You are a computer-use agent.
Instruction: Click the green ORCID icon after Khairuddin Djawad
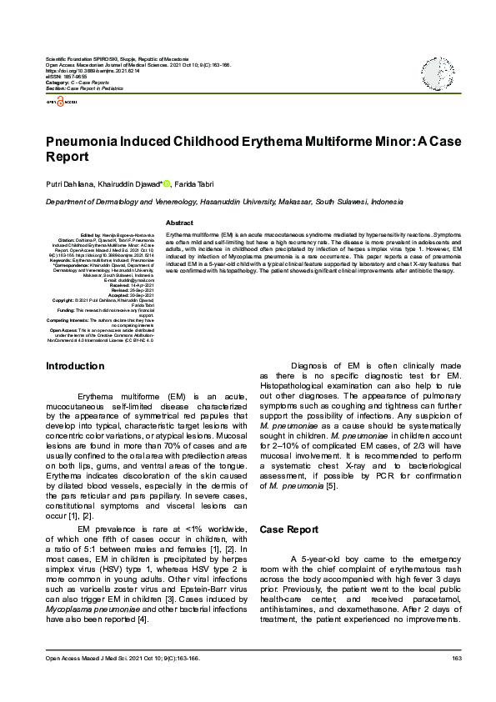[x=166, y=183]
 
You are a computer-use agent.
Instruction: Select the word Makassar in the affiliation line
[x=297, y=202]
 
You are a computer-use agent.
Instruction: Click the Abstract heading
[x=180, y=223]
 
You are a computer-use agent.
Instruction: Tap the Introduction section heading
[x=75, y=365]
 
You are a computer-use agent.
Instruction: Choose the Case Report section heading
[x=289, y=529]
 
